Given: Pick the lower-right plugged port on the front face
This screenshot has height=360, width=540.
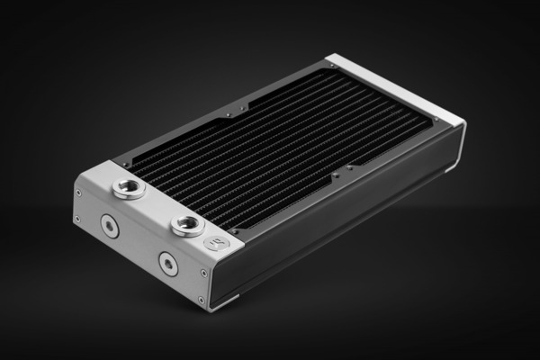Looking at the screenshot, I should pos(168,263).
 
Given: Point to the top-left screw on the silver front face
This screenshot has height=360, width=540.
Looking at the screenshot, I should pos(78,192).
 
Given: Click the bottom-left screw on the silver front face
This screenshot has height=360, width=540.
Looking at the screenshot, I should pos(78,219).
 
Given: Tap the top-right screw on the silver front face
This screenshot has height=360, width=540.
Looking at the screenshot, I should pos(204,272).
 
